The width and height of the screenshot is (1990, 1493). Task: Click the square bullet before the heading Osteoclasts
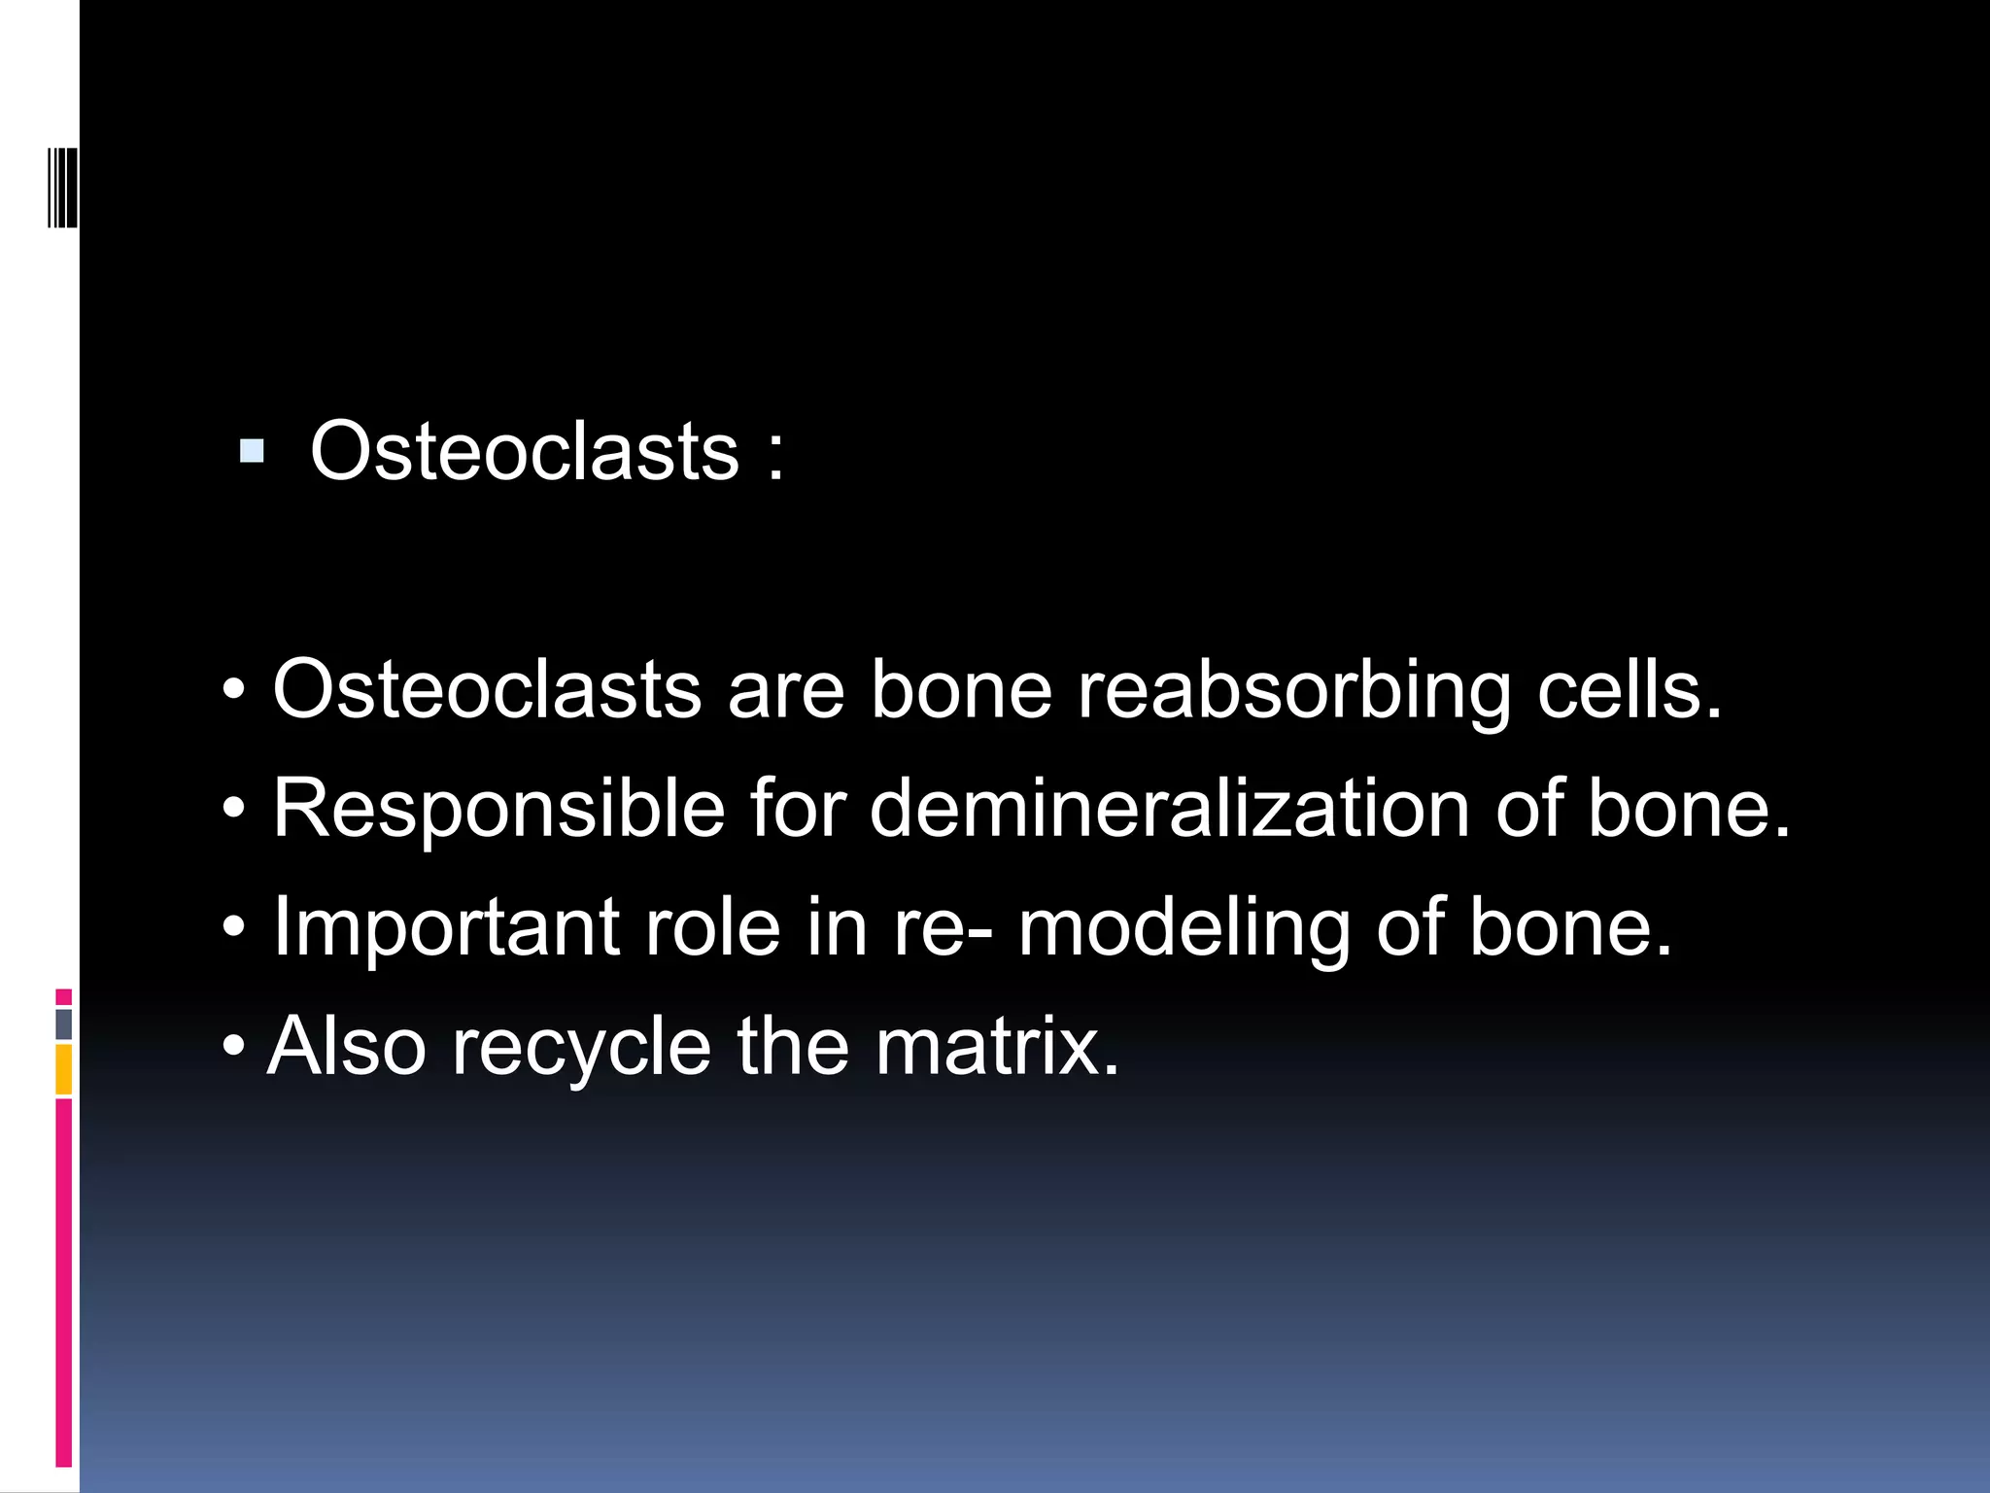tap(252, 451)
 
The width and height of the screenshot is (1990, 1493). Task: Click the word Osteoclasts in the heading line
tap(525, 451)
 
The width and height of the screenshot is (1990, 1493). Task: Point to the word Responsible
tap(498, 810)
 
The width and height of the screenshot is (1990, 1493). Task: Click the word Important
tap(446, 928)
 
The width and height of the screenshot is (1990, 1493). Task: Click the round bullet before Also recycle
tap(233, 1048)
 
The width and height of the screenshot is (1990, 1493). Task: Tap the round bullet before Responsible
tap(233, 808)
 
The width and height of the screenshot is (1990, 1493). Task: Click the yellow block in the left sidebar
tap(64, 1069)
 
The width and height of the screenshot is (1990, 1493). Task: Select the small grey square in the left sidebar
tap(64, 1024)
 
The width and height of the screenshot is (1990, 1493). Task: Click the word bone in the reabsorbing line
tap(961, 690)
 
